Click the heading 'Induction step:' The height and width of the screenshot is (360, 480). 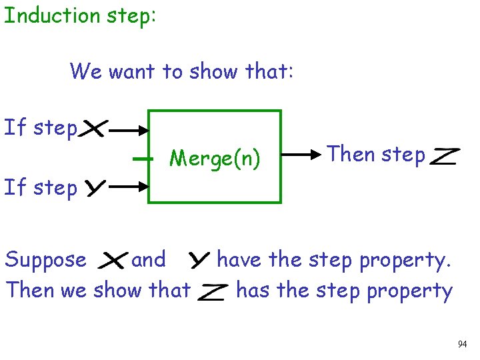80,15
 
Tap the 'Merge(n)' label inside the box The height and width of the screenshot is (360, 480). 215,159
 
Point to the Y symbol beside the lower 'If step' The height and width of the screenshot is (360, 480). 94,189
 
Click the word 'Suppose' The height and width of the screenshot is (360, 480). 45,260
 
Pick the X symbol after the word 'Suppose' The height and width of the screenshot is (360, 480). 112,261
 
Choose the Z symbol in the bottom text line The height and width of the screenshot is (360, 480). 213,292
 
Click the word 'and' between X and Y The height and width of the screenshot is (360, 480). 148,259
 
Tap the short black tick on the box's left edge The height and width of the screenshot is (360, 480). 143,159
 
